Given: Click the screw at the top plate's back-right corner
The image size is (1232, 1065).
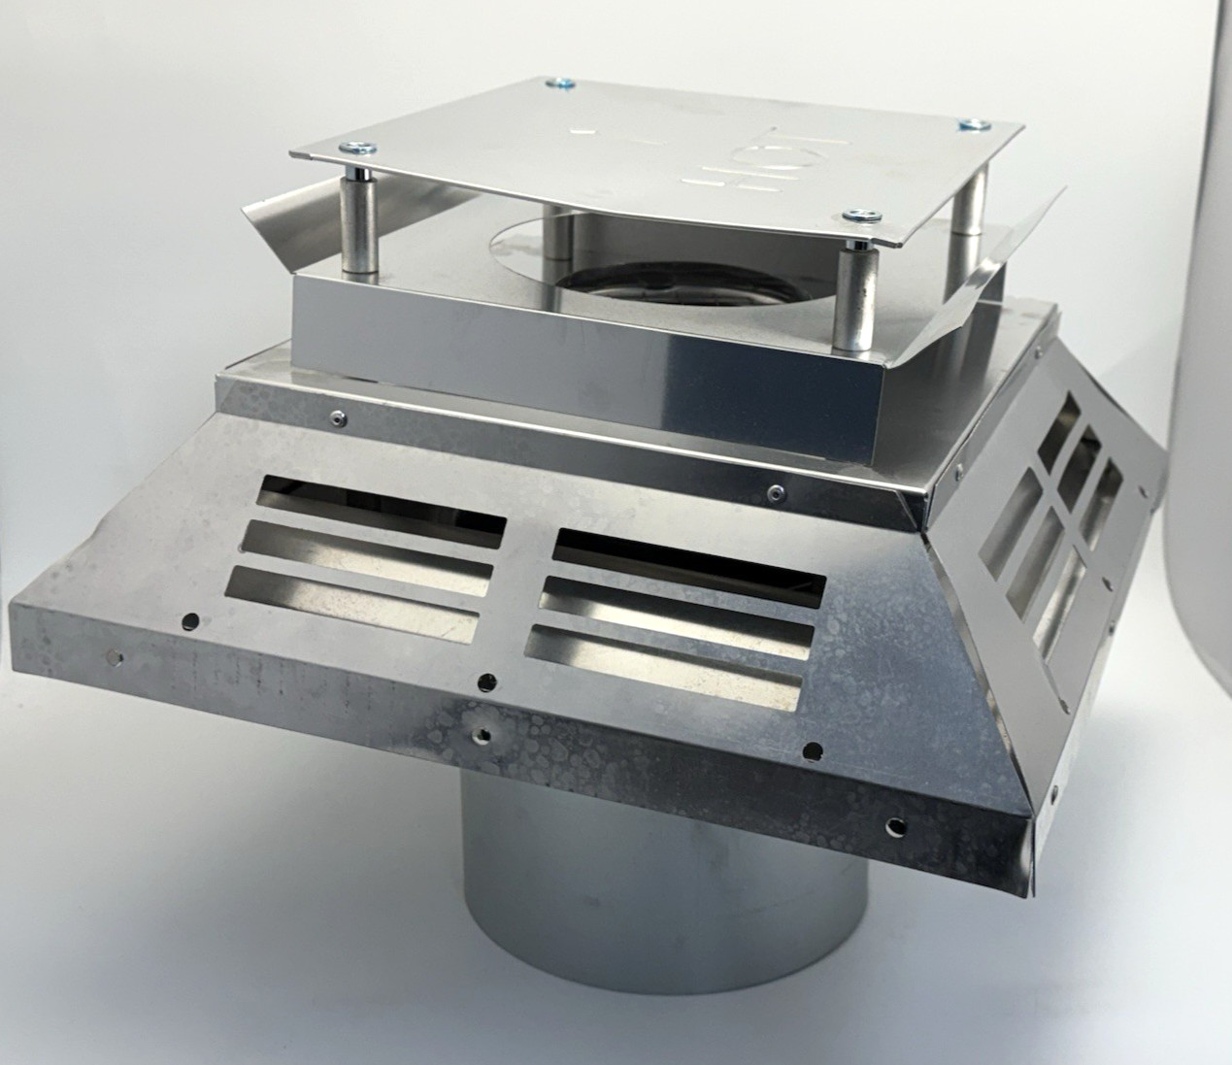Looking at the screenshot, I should [974, 123].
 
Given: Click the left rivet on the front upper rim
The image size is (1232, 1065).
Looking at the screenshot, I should [334, 418].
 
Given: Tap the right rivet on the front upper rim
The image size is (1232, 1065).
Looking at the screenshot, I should [773, 491].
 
